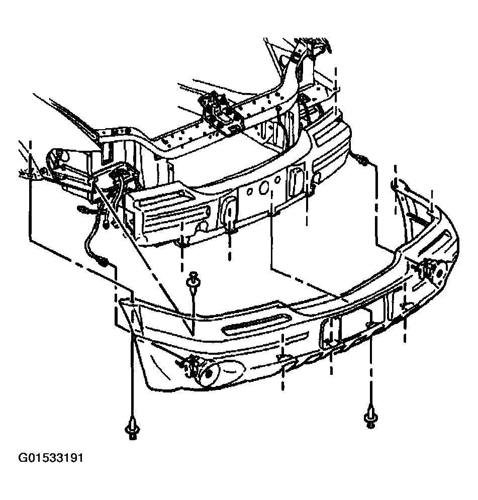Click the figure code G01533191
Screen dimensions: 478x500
[51, 458]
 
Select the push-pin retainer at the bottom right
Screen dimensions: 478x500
[370, 417]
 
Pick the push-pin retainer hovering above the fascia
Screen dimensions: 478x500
[193, 280]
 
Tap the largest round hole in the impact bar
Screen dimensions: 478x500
[264, 187]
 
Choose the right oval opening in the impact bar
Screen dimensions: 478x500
[296, 180]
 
